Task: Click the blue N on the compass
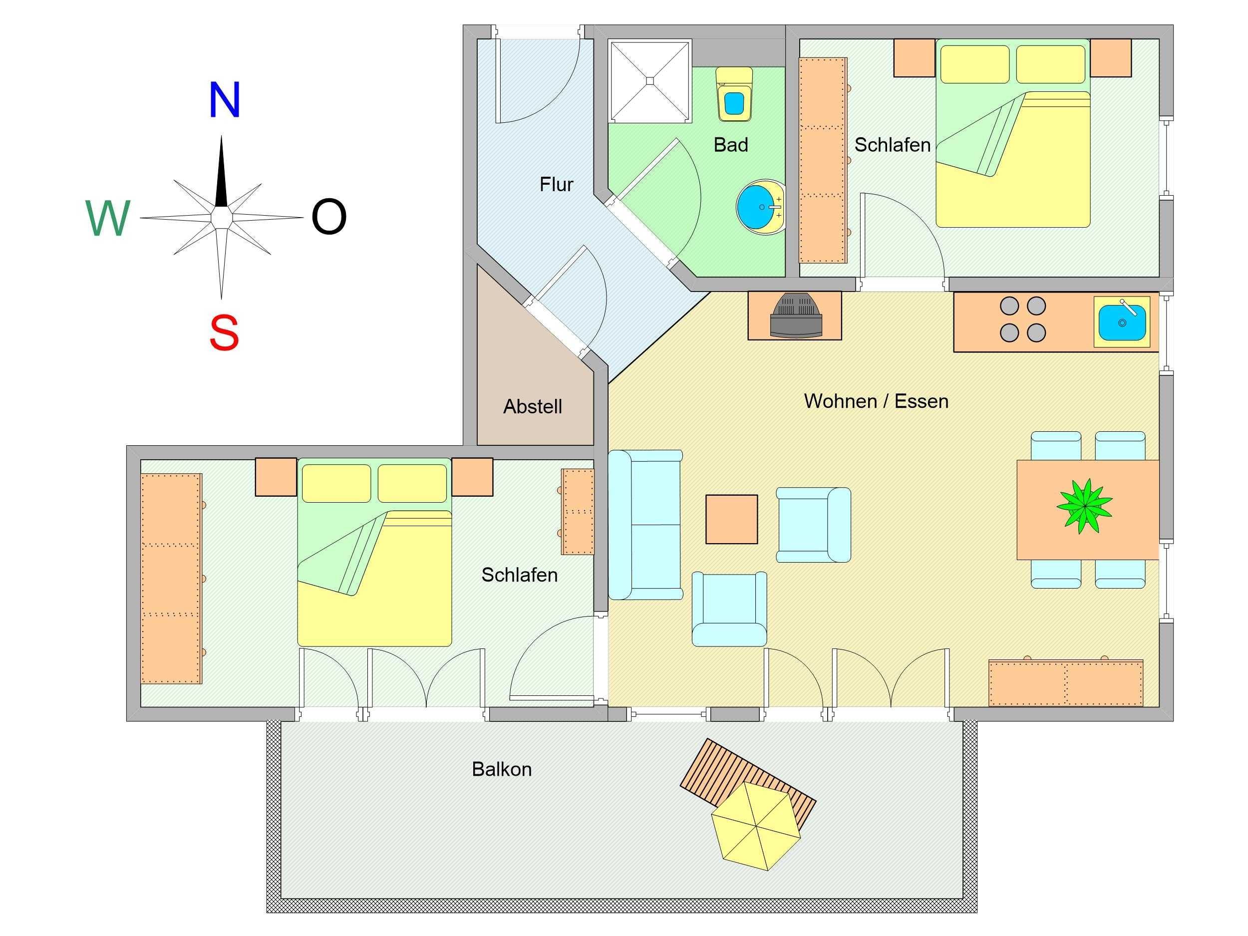[x=225, y=100]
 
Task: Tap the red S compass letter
[x=224, y=332]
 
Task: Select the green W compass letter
[x=108, y=218]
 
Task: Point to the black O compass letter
[x=329, y=217]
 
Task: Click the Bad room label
[x=731, y=145]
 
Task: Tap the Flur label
[x=556, y=185]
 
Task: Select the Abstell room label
[x=533, y=406]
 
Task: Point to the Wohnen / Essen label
[x=876, y=401]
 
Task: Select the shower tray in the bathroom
[x=650, y=81]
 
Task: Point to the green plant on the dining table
[x=1084, y=506]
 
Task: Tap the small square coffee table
[x=732, y=519]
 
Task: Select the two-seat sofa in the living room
[x=645, y=524]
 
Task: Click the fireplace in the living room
[x=794, y=316]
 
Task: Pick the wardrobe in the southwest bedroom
[x=172, y=579]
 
